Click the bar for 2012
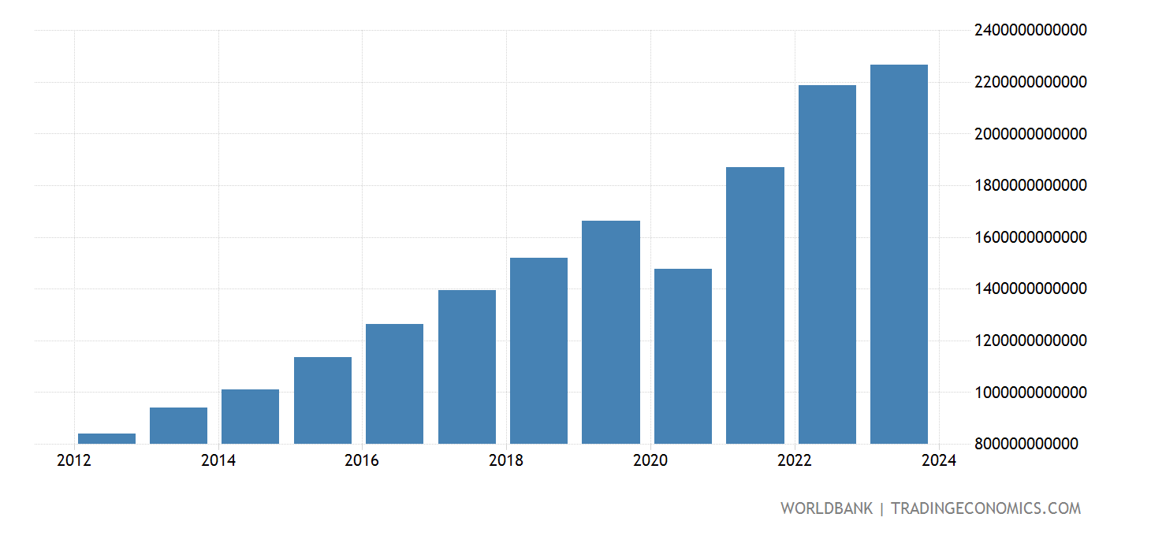(x=106, y=438)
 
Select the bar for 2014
(x=250, y=416)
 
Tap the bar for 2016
(x=394, y=384)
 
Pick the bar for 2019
(x=611, y=332)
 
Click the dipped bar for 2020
(x=683, y=356)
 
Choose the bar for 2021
(x=755, y=305)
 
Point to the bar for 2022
(x=827, y=264)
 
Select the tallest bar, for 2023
(x=899, y=254)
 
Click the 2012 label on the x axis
(x=74, y=461)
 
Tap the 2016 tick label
(x=362, y=461)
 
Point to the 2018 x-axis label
(x=505, y=461)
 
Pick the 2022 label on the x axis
(x=794, y=461)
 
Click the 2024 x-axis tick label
(x=937, y=461)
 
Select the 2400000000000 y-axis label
(x=1029, y=30)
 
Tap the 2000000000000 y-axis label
(x=1029, y=134)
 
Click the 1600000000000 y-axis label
(x=1029, y=237)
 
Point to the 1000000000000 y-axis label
(x=1029, y=393)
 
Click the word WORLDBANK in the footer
(x=826, y=508)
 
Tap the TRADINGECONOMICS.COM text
(x=985, y=508)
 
